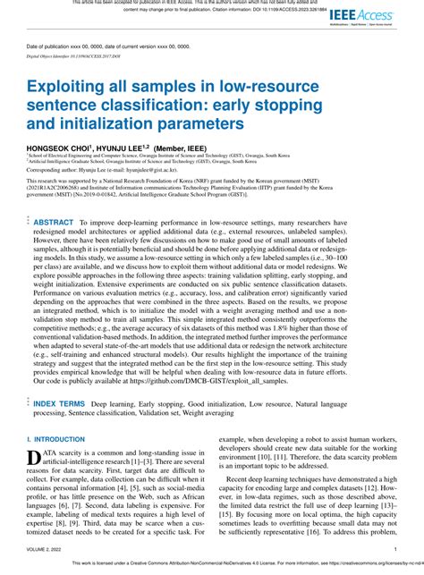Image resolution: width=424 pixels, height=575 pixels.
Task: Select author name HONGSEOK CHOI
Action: [x=60, y=145]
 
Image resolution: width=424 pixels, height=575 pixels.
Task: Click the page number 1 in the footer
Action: [x=395, y=550]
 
